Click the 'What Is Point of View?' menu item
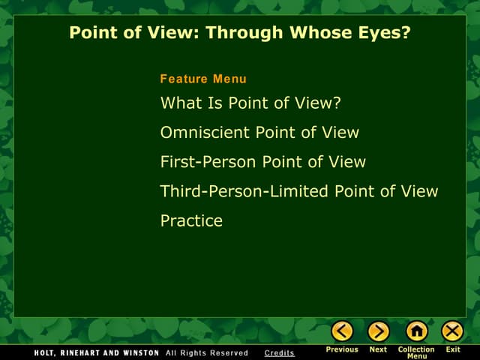pos(251,103)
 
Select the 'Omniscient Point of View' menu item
pos(259,133)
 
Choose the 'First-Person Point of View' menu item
pos(262,162)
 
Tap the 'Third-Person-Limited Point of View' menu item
pos(298,191)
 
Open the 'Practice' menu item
pos(191,220)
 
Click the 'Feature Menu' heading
pos(203,79)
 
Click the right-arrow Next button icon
pos(379,331)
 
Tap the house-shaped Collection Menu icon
pos(416,331)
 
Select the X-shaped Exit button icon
pos(452,331)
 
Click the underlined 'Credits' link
pos(280,352)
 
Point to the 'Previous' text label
pos(342,349)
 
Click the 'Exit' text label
pos(453,349)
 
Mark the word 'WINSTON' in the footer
pos(137,352)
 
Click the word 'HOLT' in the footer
pos(46,352)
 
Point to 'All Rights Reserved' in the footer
pos(207,352)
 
